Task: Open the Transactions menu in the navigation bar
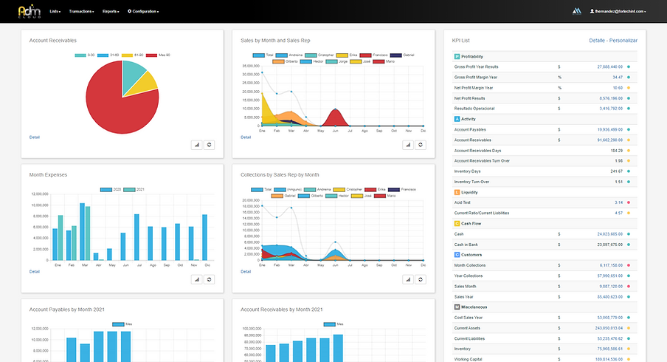pyautogui.click(x=81, y=12)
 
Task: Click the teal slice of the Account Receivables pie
pyautogui.click(x=132, y=72)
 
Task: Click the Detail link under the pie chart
pyautogui.click(x=35, y=137)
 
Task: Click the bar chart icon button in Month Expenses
pyautogui.click(x=197, y=279)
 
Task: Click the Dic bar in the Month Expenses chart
pyautogui.click(x=204, y=236)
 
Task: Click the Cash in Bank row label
pyautogui.click(x=469, y=244)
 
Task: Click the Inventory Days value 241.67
pyautogui.click(x=615, y=171)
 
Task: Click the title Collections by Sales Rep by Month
pyautogui.click(x=280, y=175)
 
